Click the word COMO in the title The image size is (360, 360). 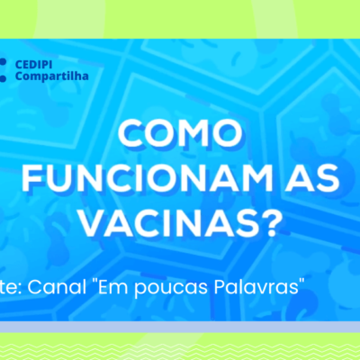(180, 133)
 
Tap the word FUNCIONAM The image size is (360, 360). (147, 178)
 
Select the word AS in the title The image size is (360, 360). (312, 178)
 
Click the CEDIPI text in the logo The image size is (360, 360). (33, 65)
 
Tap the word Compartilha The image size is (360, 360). (52, 76)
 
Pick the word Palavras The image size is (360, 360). (255, 287)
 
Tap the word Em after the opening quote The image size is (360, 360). (114, 287)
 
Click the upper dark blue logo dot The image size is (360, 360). (3, 62)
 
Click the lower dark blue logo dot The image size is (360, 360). (3, 78)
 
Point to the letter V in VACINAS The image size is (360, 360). (93, 223)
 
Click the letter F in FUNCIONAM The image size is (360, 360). (31, 178)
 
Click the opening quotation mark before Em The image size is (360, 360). (94, 282)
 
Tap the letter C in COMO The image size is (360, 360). (130, 133)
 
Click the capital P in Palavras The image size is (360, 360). (220, 287)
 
